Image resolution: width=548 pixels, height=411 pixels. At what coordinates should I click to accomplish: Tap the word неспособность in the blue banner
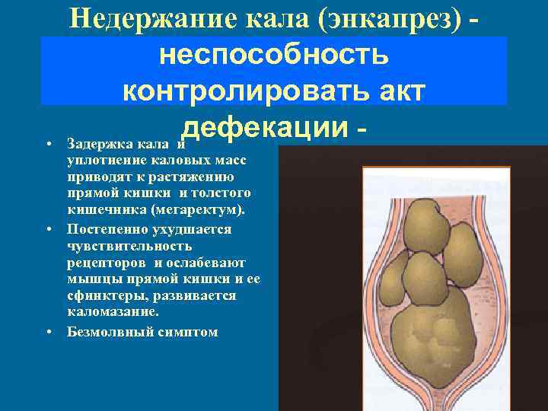point(274,55)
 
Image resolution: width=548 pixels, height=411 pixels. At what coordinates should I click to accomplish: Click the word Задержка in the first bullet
point(95,144)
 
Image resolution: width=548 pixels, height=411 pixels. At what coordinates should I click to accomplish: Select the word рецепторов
point(104,261)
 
